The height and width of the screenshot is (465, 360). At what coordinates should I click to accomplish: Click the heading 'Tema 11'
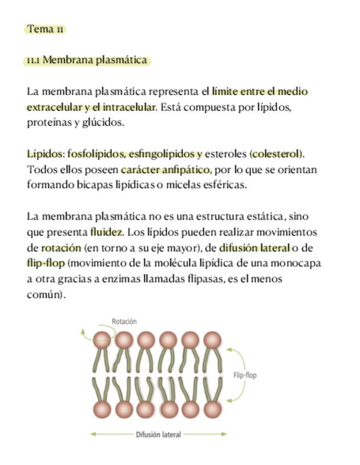tap(46, 29)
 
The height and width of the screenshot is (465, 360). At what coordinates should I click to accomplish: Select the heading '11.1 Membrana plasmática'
tap(87, 60)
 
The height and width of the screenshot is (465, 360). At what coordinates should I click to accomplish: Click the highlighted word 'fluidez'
tap(107, 231)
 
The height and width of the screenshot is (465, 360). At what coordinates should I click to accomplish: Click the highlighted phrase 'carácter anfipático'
tap(166, 169)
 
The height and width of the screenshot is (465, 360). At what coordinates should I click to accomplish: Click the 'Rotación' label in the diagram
tap(124, 321)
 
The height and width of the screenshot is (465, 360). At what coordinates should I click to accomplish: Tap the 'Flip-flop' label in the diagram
tap(245, 376)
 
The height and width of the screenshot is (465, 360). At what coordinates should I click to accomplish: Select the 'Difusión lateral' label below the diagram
tap(158, 434)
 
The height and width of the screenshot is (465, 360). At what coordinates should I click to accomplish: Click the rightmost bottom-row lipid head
tap(212, 409)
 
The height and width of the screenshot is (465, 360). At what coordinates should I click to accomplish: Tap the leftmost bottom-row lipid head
tap(101, 409)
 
